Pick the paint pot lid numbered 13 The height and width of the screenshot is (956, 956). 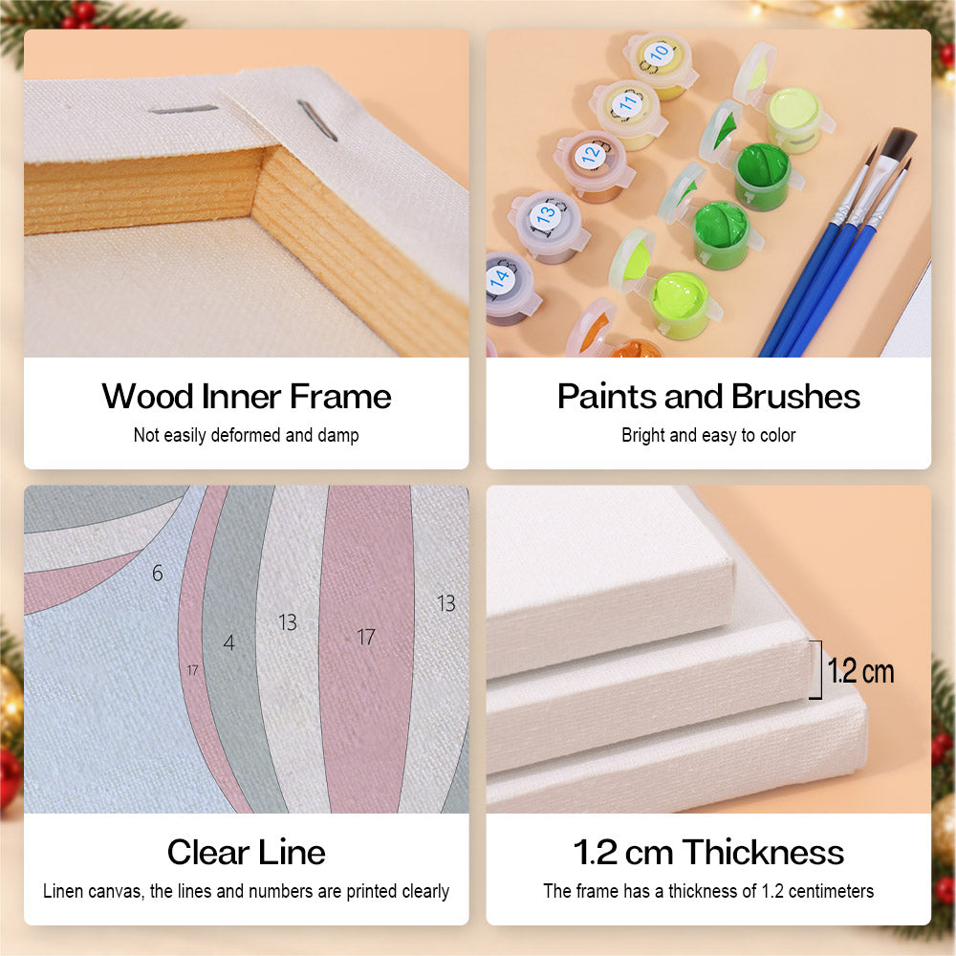click(x=546, y=213)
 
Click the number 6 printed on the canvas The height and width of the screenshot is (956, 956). click(x=158, y=573)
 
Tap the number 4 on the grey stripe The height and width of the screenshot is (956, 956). click(x=228, y=642)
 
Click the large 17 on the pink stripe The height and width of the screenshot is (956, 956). click(x=366, y=637)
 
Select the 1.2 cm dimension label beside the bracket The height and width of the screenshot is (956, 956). click(x=860, y=671)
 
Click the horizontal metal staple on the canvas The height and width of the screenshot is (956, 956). click(x=184, y=110)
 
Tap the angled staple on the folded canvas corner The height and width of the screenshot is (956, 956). click(x=317, y=120)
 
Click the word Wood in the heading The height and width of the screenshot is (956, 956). click(x=147, y=397)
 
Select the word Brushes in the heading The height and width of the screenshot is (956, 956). click(x=795, y=397)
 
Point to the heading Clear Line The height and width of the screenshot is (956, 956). click(x=247, y=852)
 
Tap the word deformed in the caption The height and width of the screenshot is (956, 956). click(x=246, y=435)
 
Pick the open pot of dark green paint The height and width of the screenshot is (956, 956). click(x=762, y=174)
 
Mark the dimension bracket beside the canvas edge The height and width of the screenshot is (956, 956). click(x=817, y=669)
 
